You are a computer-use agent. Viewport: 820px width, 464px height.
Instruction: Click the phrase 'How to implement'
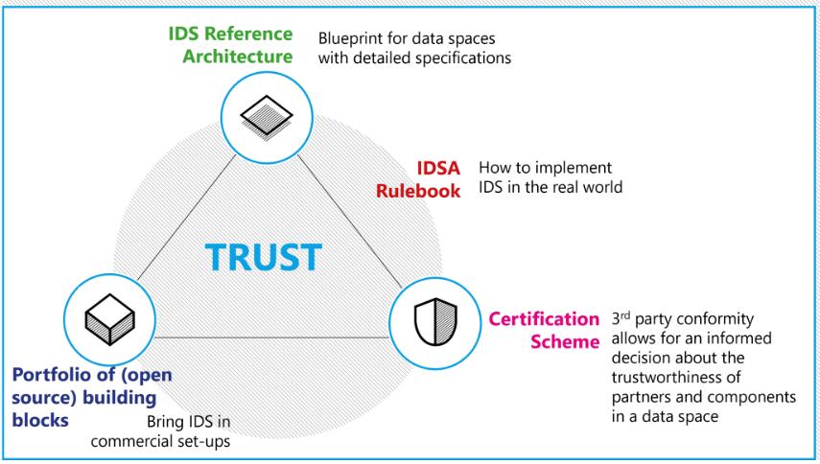point(544,168)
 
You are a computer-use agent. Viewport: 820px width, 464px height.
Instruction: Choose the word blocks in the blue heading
point(35,419)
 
